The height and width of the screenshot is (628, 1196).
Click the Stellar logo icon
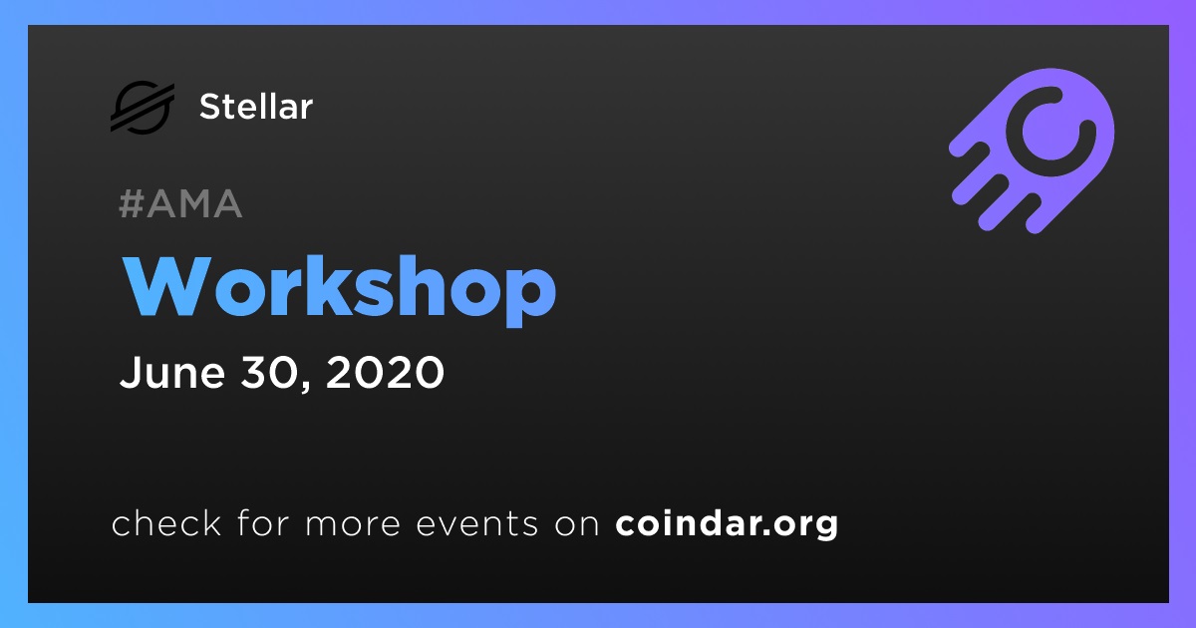click(143, 107)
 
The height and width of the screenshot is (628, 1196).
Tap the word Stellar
click(256, 107)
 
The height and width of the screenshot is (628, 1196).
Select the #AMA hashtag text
click(180, 203)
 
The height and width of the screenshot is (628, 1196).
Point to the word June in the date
click(171, 372)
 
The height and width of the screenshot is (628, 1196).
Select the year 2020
click(385, 372)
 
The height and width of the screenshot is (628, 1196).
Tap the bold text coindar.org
click(727, 524)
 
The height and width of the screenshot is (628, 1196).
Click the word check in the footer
click(166, 522)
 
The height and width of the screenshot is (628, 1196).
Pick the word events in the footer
click(477, 523)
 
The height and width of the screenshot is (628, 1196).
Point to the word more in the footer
click(353, 524)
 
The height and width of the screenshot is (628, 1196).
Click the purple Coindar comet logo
click(1032, 151)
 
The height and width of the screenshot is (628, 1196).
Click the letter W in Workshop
click(166, 286)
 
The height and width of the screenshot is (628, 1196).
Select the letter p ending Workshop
click(530, 297)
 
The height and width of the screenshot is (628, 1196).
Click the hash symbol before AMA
click(132, 203)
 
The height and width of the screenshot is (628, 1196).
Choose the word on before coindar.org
click(577, 524)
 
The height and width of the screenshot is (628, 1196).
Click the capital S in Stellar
click(210, 107)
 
